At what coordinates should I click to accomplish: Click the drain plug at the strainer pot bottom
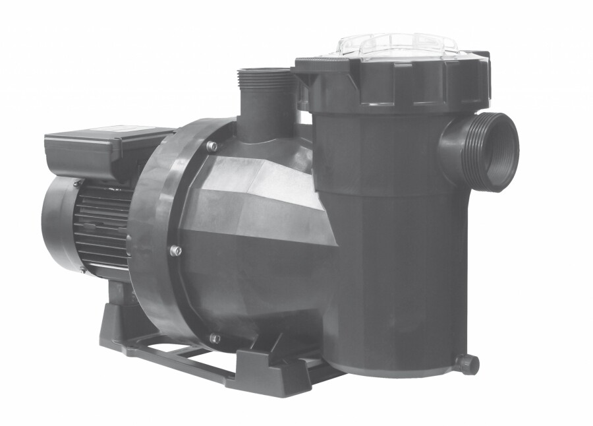[468, 364]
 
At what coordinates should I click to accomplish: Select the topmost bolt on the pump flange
[212, 147]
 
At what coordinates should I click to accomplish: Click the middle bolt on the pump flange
[175, 251]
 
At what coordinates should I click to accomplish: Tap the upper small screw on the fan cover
[78, 183]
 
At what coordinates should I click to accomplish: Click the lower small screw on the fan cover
[83, 269]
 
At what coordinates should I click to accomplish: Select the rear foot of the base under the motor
[119, 330]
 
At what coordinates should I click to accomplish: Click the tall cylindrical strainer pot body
[395, 251]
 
